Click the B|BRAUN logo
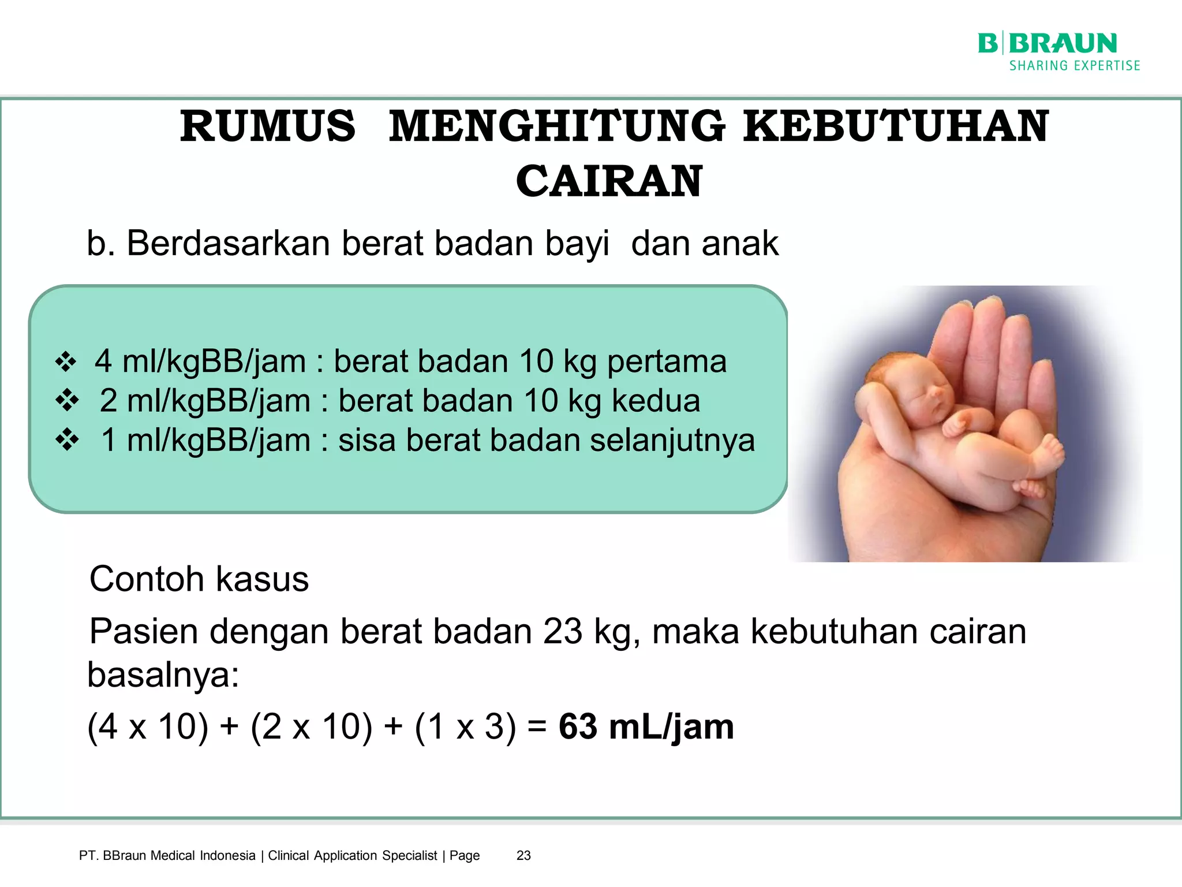1047,43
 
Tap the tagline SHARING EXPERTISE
1075,66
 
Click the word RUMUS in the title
268,126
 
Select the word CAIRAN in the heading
609,181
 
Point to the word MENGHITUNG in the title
557,126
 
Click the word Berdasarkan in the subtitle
229,243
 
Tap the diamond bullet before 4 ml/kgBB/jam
66,362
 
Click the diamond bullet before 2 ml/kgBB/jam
67,401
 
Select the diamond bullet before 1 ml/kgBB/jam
67,440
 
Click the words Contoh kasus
199,579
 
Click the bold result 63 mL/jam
646,726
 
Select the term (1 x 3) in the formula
465,726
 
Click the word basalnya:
163,674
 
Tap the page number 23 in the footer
523,855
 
